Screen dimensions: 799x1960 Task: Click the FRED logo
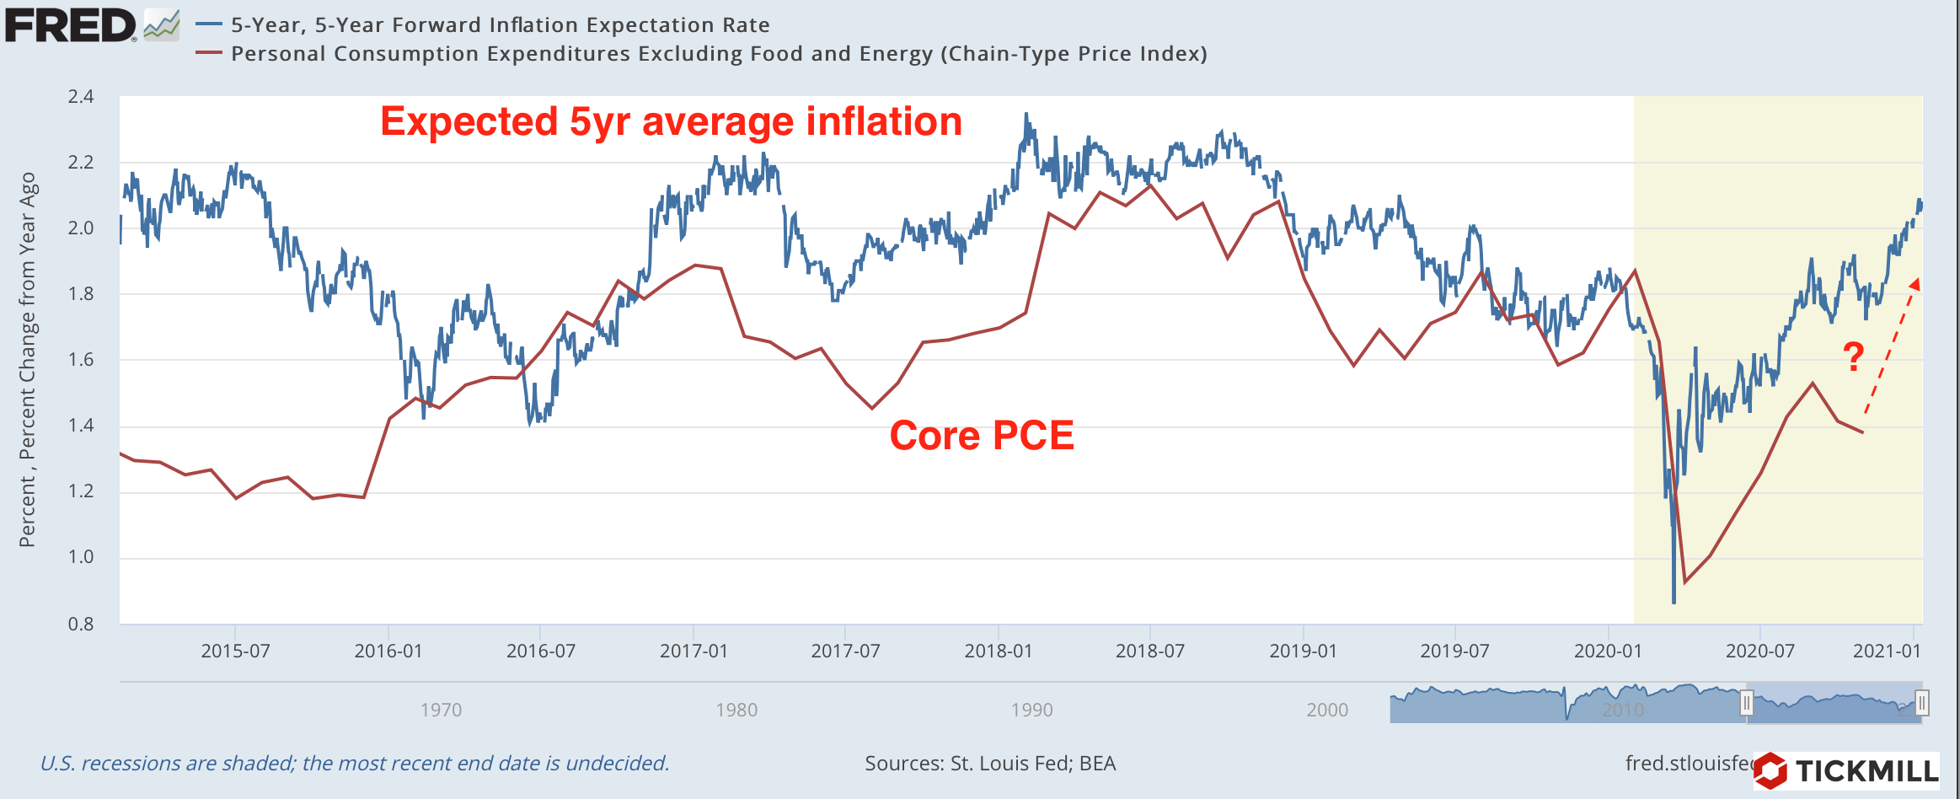click(71, 25)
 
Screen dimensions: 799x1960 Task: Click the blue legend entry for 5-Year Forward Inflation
click(500, 25)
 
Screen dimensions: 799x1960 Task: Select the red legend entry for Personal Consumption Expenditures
click(718, 54)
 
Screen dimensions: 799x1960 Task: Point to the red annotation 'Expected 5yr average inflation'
click(671, 121)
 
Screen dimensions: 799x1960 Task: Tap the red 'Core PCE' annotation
click(982, 436)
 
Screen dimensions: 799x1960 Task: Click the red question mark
click(1853, 357)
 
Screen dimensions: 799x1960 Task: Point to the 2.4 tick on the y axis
click(81, 97)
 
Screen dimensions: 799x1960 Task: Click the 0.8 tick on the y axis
click(81, 624)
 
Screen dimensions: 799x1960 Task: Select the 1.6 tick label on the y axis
click(81, 360)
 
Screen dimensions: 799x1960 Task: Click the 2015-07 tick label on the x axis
click(235, 651)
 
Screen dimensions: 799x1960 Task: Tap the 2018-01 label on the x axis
click(998, 651)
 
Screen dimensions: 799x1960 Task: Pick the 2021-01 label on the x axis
click(1887, 651)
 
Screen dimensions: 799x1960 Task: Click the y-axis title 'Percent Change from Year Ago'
click(28, 360)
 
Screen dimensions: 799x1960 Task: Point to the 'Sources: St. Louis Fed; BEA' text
click(990, 764)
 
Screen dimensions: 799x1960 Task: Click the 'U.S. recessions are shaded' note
click(355, 764)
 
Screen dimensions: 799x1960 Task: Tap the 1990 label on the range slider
click(1031, 710)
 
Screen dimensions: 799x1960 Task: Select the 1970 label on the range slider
click(441, 710)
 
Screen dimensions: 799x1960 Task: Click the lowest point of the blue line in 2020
click(1673, 602)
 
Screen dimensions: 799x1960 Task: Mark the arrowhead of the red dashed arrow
click(1914, 284)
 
